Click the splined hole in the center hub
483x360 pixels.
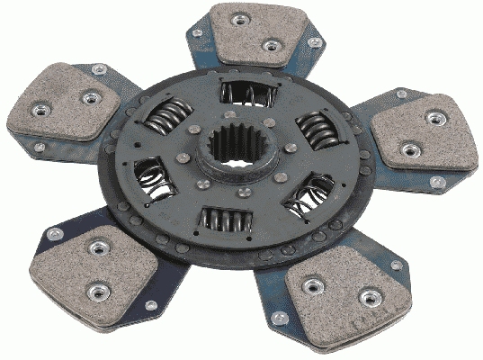pos(232,147)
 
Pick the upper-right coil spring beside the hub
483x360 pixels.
pos(315,131)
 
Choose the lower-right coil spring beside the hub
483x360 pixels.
pos(307,193)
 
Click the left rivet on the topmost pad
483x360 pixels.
pos(242,20)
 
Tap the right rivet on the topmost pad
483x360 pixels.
pos(272,45)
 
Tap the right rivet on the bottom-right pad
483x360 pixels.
pos(366,297)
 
